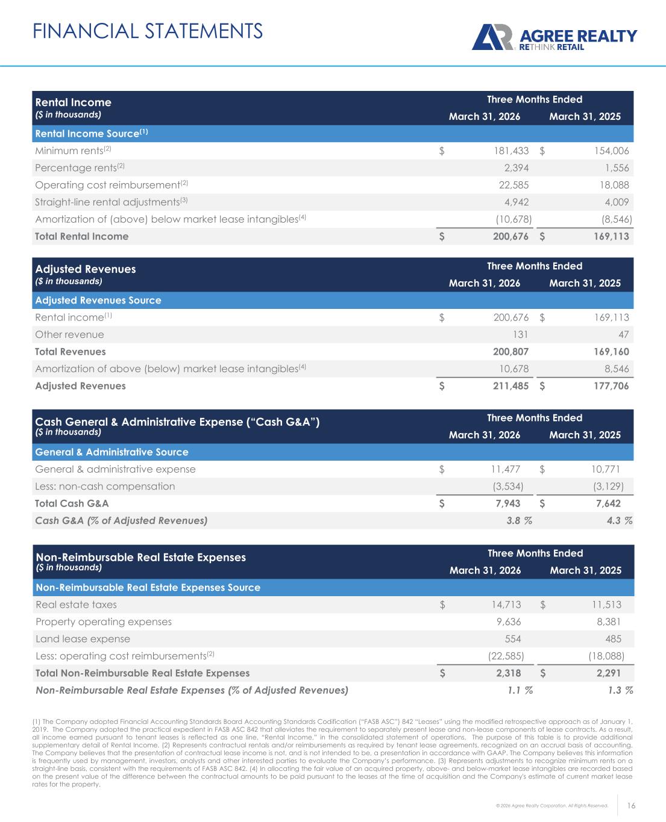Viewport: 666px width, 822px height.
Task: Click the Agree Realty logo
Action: click(x=554, y=37)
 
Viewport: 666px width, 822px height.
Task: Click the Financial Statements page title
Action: click(x=148, y=31)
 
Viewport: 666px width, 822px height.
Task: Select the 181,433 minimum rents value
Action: click(x=511, y=151)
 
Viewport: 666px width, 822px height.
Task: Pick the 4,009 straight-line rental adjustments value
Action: click(x=612, y=202)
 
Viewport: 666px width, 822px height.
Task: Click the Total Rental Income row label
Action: click(x=82, y=237)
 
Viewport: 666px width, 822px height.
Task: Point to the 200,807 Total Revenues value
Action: click(x=510, y=352)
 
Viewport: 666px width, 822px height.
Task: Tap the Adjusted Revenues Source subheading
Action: click(x=98, y=300)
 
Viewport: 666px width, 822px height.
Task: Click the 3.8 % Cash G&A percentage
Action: click(x=519, y=521)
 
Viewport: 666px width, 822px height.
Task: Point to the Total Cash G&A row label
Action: click(x=72, y=503)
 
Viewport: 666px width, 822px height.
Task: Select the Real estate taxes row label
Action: click(x=77, y=605)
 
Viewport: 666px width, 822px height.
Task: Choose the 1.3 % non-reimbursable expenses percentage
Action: click(x=620, y=690)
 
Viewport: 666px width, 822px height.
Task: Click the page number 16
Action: click(x=632, y=806)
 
